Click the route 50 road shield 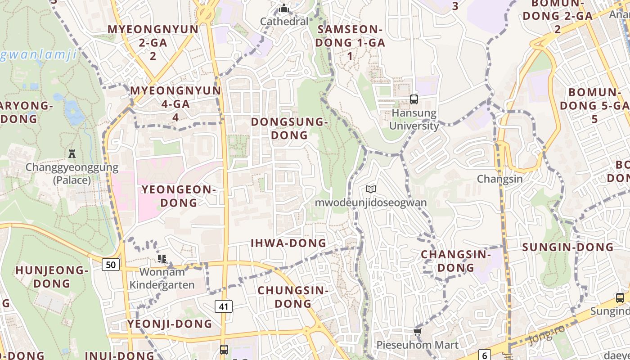point(111,264)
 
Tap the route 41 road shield point(224,306)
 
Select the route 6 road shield point(484,355)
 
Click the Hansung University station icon point(414,99)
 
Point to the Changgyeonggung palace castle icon point(72,153)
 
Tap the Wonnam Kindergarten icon point(162,258)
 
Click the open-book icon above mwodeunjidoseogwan point(370,189)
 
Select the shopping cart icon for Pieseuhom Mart point(417,332)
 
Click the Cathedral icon point(284,9)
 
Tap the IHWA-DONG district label point(288,243)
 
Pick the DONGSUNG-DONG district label point(288,128)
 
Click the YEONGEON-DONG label point(179,196)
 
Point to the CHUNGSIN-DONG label point(293,297)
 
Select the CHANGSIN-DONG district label point(456,261)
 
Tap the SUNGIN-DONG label point(568,247)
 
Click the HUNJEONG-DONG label point(52,277)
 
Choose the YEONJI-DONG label point(170,324)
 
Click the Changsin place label point(500,179)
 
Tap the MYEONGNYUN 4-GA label point(175,103)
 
